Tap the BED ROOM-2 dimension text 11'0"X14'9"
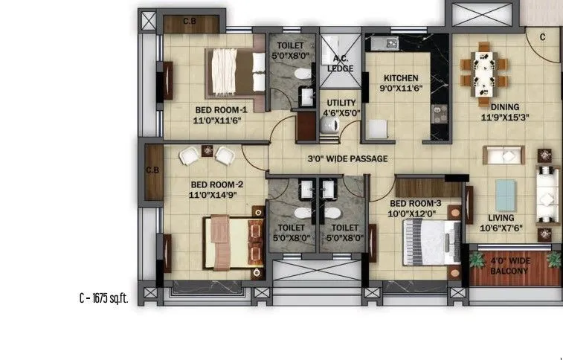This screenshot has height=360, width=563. coord(213,195)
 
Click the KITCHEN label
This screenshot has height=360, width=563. coord(401,78)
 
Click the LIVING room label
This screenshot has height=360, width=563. coord(505,218)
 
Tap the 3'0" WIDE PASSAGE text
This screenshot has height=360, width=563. coord(347,159)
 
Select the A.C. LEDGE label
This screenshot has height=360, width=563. coord(341,65)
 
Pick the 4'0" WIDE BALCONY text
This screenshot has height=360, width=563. coord(509,266)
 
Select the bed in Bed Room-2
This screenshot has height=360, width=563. coord(234,242)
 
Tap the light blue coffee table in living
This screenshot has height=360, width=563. coord(506,194)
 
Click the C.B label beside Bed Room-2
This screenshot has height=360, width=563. coord(152,170)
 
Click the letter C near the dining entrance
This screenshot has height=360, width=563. coord(542,36)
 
